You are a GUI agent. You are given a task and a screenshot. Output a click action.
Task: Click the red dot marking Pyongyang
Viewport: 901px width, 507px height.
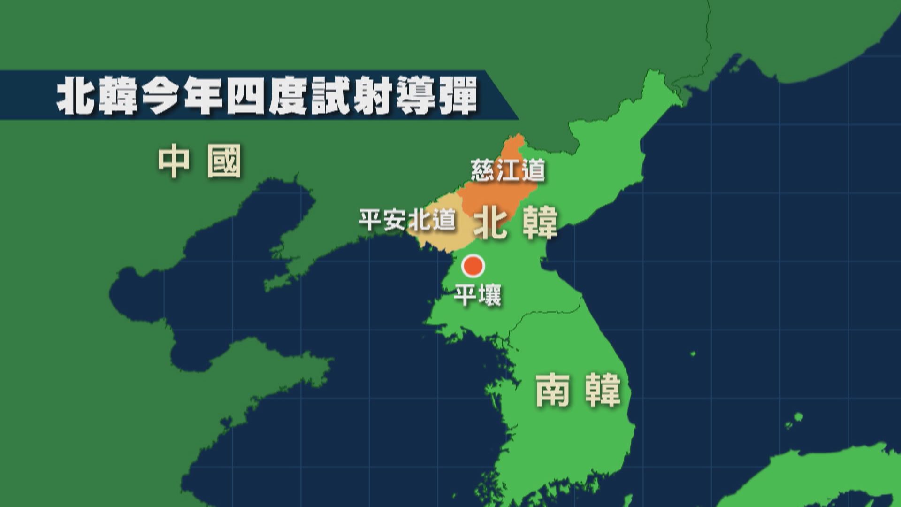coord(472,266)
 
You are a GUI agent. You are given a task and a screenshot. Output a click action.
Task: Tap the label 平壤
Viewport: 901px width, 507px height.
coord(478,296)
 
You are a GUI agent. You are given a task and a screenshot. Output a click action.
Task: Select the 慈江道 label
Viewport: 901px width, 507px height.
coord(508,170)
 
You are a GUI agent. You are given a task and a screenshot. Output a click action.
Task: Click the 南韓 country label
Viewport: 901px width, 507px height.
coord(578,390)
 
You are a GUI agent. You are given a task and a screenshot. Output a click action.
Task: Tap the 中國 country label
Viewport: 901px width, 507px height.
coord(200,161)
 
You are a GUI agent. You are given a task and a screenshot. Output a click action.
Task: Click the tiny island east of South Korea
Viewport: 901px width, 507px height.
coord(693,354)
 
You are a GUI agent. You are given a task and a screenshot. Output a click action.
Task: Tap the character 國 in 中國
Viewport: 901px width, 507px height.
coord(224,161)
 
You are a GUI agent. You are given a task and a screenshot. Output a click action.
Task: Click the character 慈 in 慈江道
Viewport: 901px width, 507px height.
coord(483,170)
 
